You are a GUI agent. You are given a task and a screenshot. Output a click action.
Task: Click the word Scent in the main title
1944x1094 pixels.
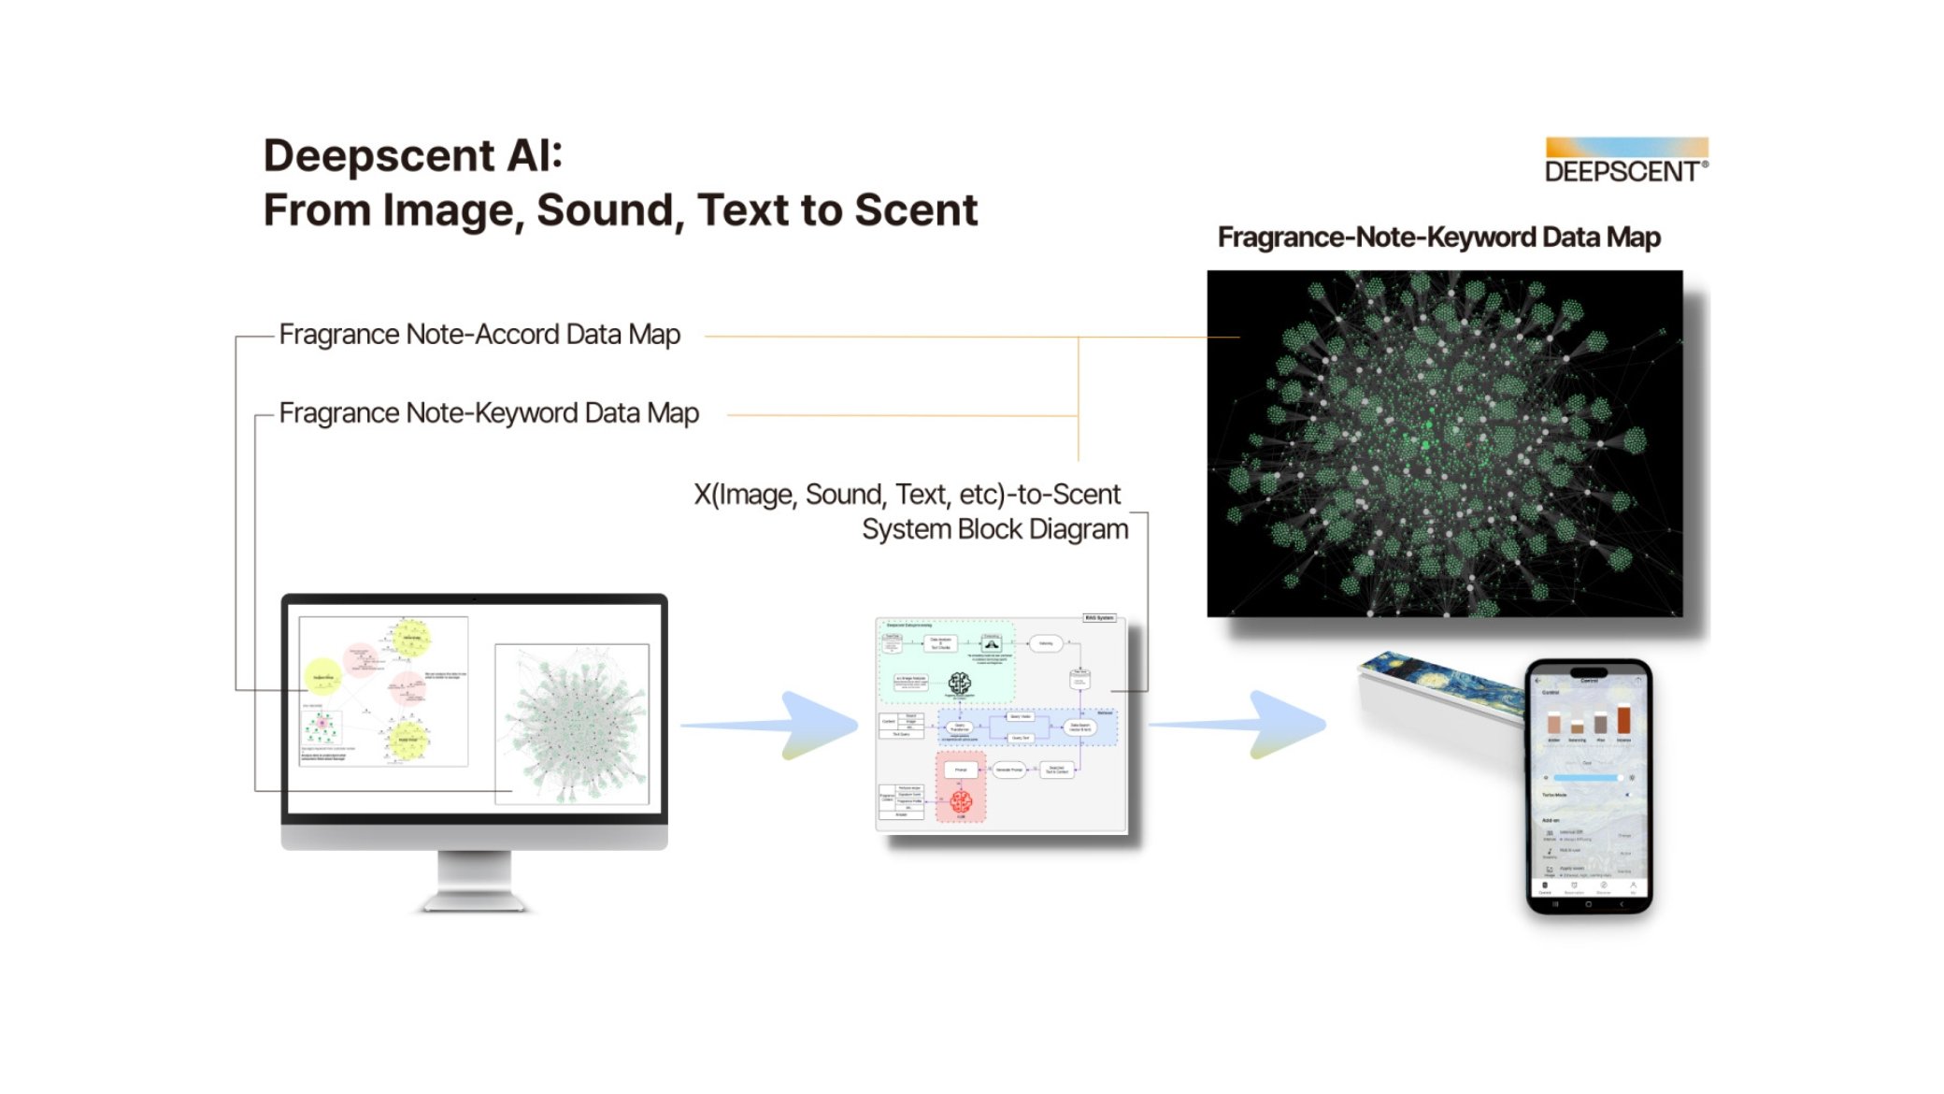tap(916, 209)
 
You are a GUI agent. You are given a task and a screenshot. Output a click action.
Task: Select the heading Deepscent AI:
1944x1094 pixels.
tap(412, 155)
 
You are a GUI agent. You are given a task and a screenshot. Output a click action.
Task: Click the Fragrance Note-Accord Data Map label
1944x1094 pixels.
tap(479, 335)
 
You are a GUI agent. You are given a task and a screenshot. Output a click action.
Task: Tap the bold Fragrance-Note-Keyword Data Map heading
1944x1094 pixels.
tap(1438, 238)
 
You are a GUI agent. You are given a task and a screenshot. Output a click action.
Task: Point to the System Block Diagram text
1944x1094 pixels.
tap(994, 529)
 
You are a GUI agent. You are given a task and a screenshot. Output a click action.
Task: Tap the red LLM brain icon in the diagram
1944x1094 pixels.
tap(961, 801)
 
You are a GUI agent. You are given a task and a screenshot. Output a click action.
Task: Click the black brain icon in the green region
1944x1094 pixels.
tap(959, 684)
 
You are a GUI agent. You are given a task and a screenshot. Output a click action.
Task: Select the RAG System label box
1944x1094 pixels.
tap(1099, 618)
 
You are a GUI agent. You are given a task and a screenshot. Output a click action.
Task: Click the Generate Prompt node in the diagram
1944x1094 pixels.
tap(1009, 770)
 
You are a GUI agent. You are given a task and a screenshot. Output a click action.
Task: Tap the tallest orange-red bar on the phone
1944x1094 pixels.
tap(1624, 719)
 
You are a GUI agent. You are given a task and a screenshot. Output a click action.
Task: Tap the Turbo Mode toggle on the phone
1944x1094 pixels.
tap(1627, 795)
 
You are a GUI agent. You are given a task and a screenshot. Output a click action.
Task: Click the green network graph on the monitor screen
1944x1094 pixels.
tap(576, 725)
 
